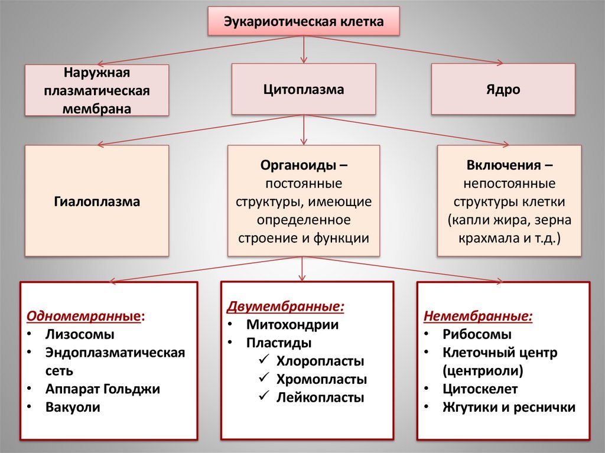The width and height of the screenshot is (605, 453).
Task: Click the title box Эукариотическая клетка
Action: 304,22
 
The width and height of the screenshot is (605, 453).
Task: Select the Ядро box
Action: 503,90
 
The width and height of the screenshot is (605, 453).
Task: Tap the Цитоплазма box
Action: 304,90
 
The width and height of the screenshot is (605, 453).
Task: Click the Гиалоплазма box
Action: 96,201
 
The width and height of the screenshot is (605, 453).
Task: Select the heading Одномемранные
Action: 83,315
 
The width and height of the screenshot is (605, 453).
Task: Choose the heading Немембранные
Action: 477,316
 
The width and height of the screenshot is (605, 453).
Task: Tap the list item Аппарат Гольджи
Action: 102,389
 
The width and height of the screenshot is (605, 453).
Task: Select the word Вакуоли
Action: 73,408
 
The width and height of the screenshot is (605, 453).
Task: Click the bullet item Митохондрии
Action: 292,324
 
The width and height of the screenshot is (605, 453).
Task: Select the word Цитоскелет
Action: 480,389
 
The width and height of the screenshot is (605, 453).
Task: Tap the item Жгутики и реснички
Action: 508,408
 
